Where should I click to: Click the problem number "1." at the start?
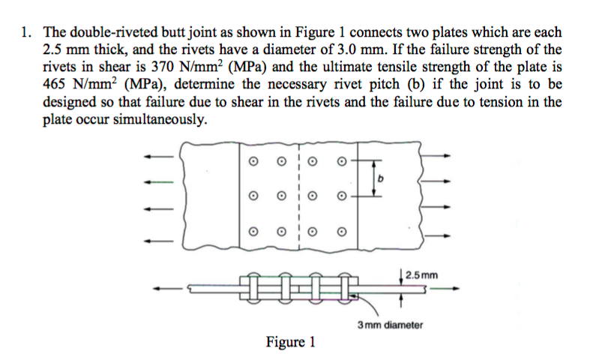(27, 34)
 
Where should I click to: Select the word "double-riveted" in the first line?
(107, 34)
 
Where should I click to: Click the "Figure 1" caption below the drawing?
(290, 343)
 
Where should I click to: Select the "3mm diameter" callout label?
(390, 325)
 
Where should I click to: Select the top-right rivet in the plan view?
(342, 160)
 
